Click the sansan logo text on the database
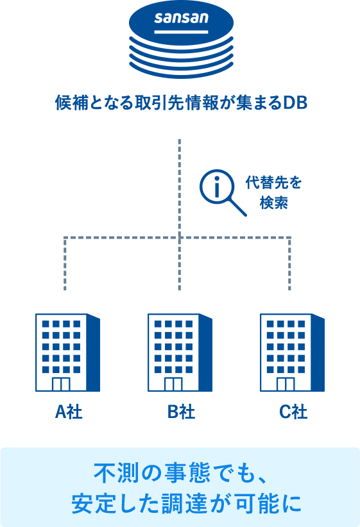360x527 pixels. tap(182, 18)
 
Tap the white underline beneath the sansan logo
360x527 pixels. tap(182, 32)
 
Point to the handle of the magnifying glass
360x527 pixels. tap(237, 207)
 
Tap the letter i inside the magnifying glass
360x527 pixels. tap(217, 187)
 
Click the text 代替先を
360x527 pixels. tap(273, 183)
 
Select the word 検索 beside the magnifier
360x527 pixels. tap(273, 203)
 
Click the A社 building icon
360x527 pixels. tap(67, 353)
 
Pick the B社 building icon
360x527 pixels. tap(180, 353)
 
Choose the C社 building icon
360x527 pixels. tap(293, 353)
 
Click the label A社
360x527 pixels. tap(69, 412)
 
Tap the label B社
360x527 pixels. tap(181, 412)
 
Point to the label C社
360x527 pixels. tap(293, 412)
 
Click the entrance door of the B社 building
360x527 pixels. tap(173, 384)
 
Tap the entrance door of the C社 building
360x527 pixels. tap(286, 384)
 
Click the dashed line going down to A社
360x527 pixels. tap(65, 263)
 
